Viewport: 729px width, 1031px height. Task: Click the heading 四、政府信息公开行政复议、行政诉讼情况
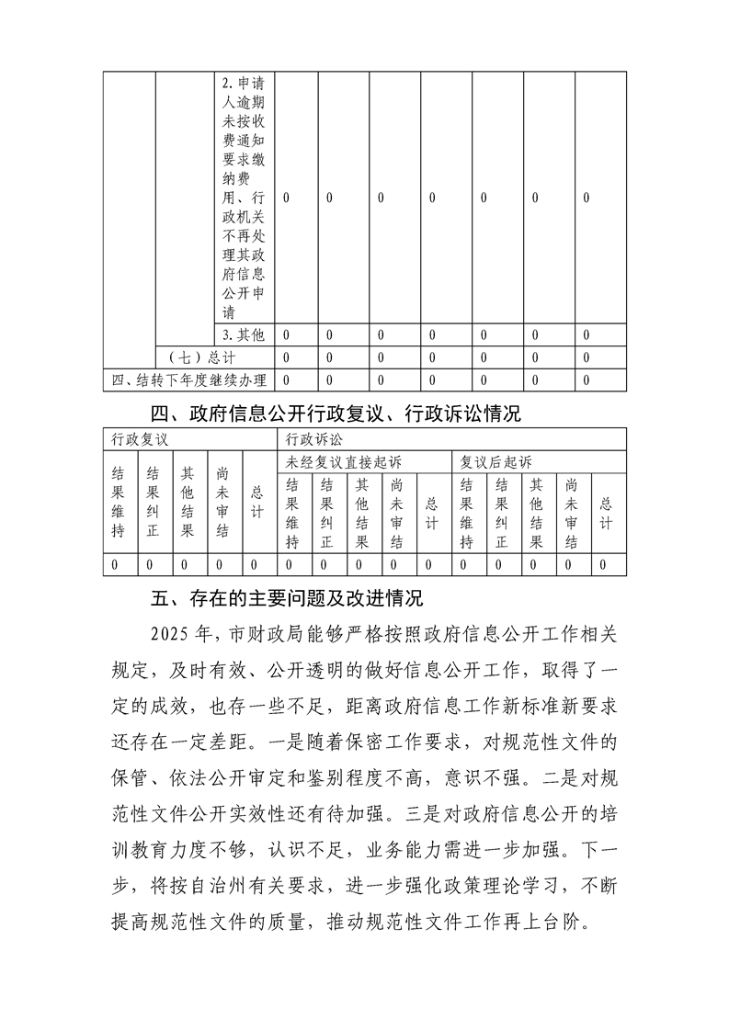[x=336, y=414]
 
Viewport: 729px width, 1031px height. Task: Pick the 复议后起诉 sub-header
[x=495, y=461]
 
